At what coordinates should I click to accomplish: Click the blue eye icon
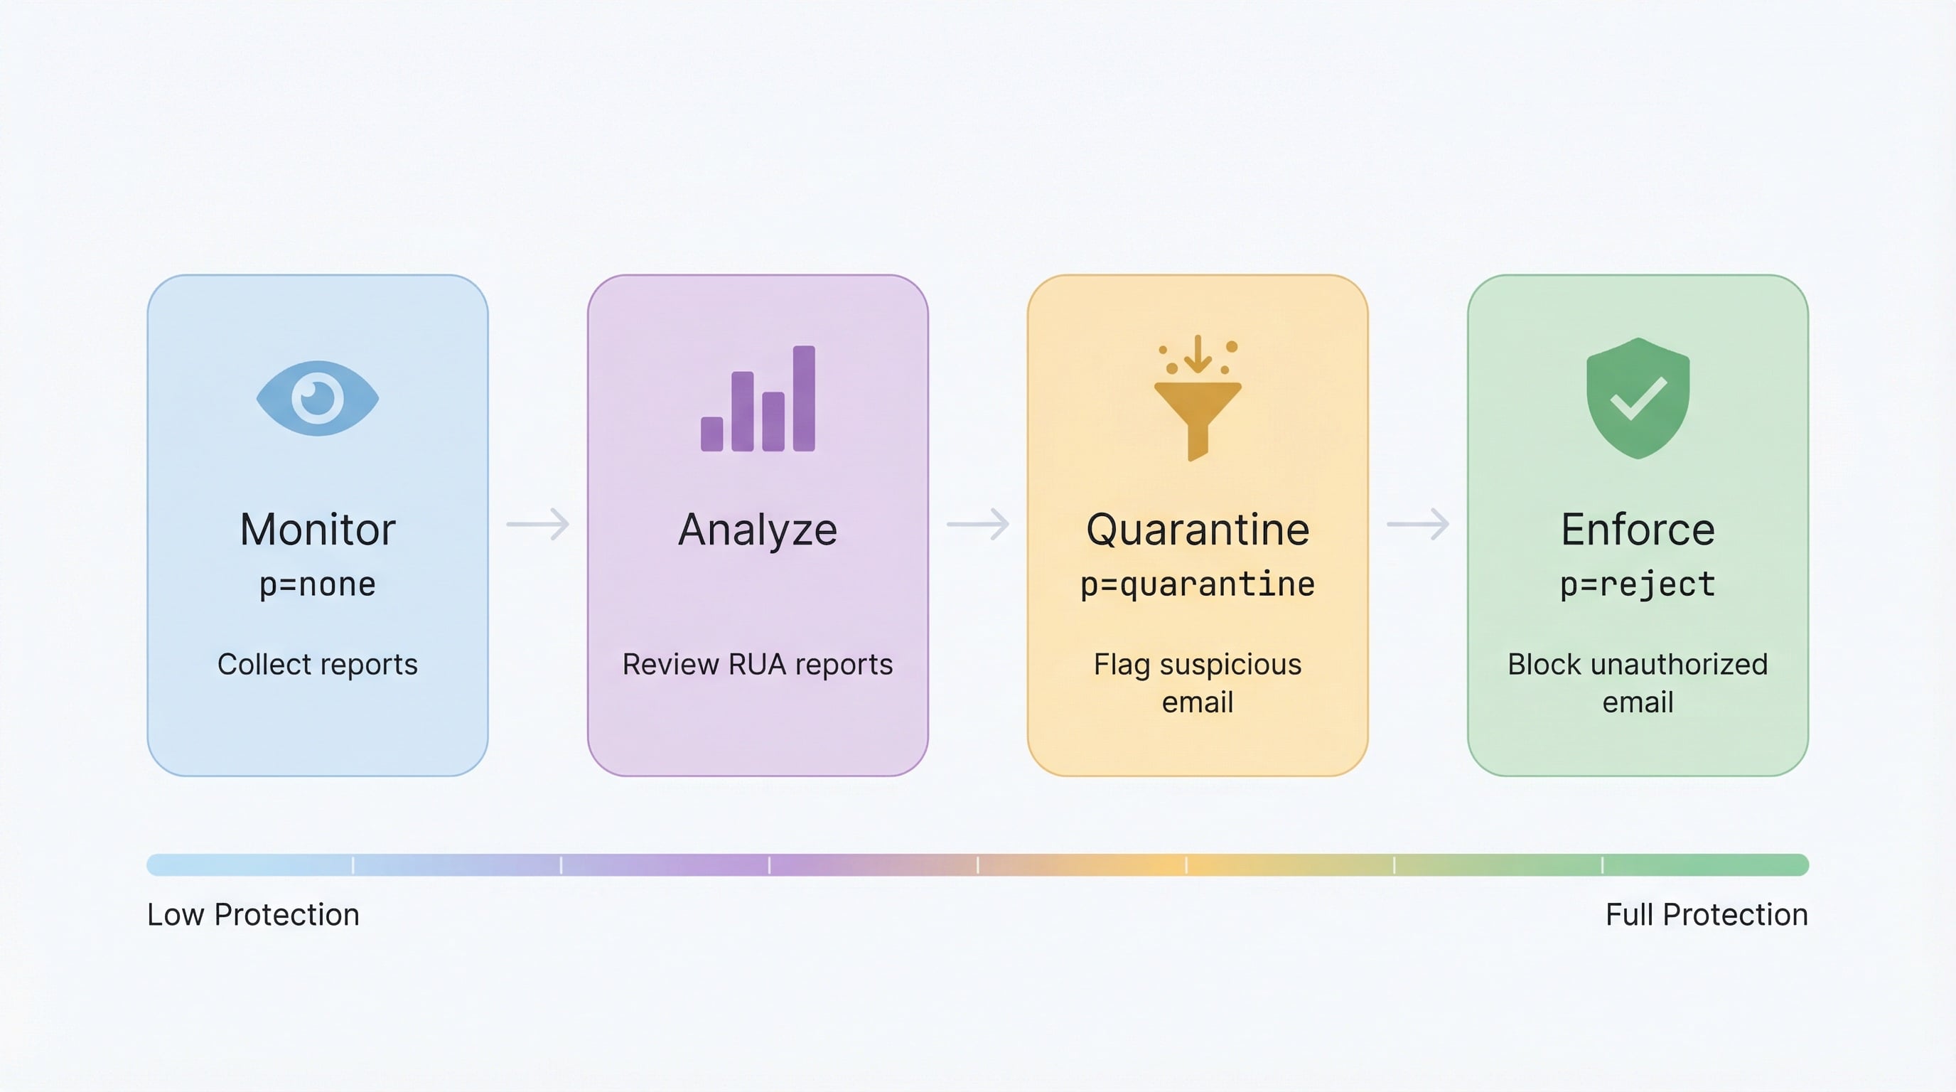tap(318, 399)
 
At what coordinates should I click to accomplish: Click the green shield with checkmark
tap(1638, 399)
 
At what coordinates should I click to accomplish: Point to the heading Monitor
tap(318, 530)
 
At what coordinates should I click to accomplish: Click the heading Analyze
tap(758, 530)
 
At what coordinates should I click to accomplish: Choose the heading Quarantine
tap(1198, 530)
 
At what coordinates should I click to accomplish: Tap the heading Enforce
tap(1638, 530)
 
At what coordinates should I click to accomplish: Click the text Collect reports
tap(318, 665)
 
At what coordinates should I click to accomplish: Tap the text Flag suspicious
tap(1198, 665)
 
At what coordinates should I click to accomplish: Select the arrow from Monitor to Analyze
tap(537, 524)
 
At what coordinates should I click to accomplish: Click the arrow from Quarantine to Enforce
tap(1418, 524)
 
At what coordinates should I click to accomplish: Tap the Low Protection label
tap(253, 915)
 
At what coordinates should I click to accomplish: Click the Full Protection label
tap(1707, 915)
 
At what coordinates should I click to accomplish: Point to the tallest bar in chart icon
tap(804, 399)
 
